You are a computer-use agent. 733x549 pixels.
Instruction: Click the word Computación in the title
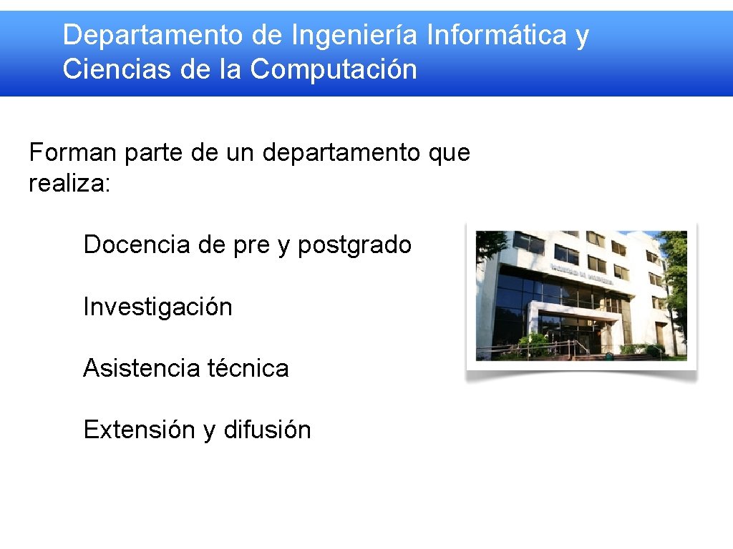(x=334, y=69)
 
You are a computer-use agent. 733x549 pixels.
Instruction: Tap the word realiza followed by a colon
(x=69, y=183)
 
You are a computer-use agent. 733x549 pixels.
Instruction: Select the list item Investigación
(x=157, y=307)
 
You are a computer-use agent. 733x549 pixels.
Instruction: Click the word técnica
(x=248, y=368)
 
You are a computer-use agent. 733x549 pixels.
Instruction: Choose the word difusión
(x=267, y=430)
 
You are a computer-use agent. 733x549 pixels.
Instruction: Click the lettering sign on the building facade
(x=582, y=274)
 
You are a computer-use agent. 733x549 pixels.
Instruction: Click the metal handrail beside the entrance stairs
(x=530, y=349)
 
